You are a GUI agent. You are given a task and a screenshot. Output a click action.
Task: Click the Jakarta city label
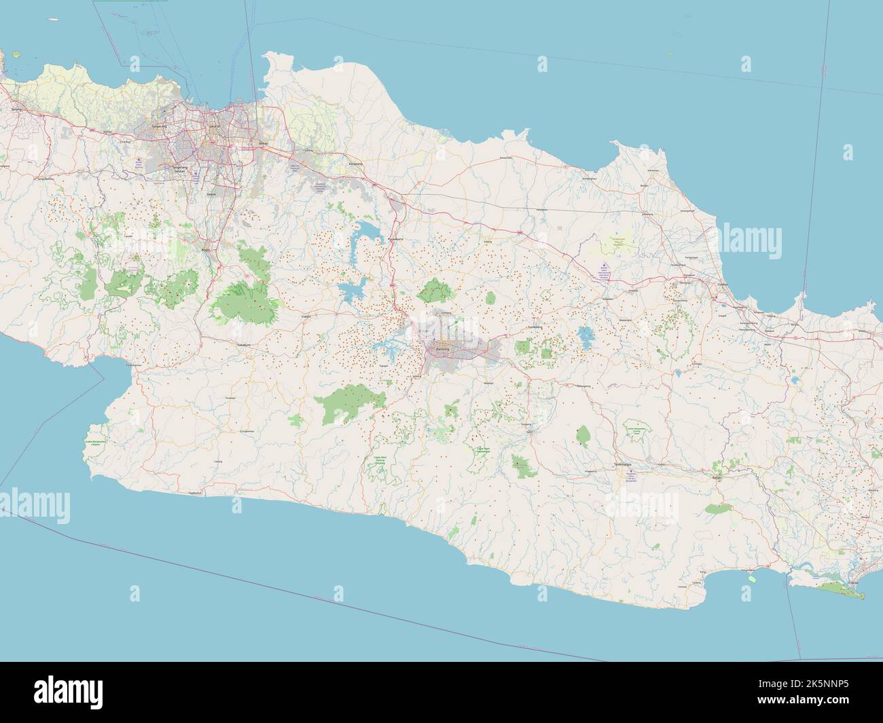(216, 126)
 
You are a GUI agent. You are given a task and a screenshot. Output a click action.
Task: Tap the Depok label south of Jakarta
(211, 193)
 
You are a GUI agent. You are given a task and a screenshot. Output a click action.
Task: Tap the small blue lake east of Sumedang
(584, 335)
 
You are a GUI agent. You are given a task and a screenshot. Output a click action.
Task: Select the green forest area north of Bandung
(435, 292)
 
